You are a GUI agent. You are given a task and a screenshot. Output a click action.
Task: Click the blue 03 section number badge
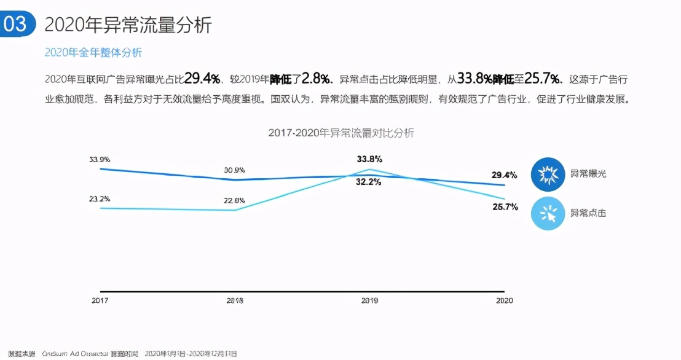pyautogui.click(x=17, y=24)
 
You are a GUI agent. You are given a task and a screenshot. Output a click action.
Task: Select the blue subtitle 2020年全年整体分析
pyautogui.click(x=93, y=53)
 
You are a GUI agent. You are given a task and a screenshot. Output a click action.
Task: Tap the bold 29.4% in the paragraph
pyautogui.click(x=202, y=79)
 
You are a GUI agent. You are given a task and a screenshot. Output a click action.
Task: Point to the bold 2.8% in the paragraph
pyautogui.click(x=316, y=79)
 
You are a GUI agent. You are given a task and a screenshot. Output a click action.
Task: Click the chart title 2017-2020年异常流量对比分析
pyautogui.click(x=341, y=133)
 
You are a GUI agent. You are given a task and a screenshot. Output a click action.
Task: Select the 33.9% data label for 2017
pyautogui.click(x=100, y=159)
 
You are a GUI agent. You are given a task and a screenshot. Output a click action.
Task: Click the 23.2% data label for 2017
pyautogui.click(x=100, y=199)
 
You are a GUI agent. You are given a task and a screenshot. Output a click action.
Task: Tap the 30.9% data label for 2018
pyautogui.click(x=235, y=170)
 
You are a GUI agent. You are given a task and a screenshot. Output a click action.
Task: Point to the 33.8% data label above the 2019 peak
pyautogui.click(x=369, y=159)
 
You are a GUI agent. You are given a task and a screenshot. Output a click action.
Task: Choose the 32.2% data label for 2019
pyautogui.click(x=369, y=182)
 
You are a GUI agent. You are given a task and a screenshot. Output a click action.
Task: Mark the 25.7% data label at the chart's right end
pyautogui.click(x=505, y=206)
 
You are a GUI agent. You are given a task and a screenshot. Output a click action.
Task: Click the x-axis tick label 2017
pyautogui.click(x=100, y=300)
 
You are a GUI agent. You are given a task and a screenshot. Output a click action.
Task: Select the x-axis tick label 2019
pyautogui.click(x=369, y=300)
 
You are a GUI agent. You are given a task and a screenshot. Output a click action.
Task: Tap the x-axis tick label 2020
pyautogui.click(x=504, y=300)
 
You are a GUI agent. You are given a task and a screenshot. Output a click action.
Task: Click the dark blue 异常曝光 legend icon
pyautogui.click(x=547, y=176)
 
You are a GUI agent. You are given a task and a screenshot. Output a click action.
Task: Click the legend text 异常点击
pyautogui.click(x=588, y=213)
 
